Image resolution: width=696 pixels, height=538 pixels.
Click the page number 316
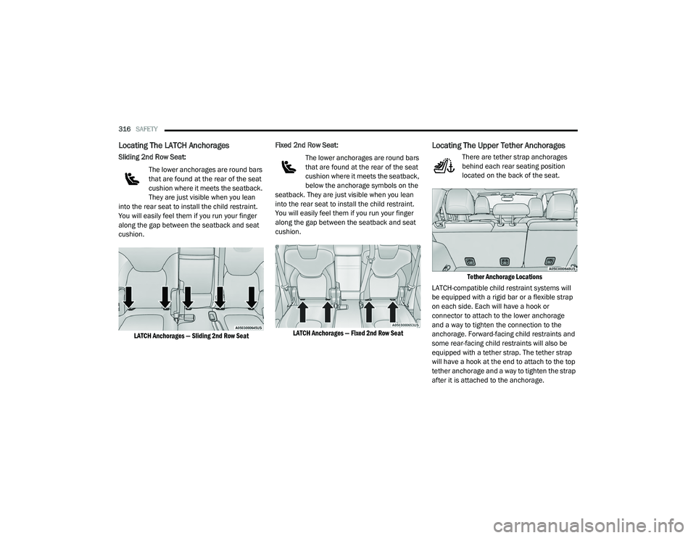(123, 128)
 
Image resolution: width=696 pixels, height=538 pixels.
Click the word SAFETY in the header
(146, 128)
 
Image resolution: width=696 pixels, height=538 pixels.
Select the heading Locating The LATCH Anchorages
(173, 146)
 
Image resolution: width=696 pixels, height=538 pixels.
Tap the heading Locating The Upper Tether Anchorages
(498, 146)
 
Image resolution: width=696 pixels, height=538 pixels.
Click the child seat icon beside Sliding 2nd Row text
(132, 179)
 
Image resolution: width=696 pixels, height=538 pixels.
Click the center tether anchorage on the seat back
(504, 258)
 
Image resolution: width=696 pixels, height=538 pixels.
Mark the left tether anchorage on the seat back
(468, 258)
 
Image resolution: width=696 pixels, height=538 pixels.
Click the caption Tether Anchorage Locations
(504, 277)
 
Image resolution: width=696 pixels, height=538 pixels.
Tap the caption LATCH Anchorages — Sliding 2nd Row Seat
(191, 336)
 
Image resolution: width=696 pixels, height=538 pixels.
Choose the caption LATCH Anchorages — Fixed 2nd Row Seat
(347, 334)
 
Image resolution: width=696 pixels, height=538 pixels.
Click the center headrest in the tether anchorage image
(507, 210)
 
